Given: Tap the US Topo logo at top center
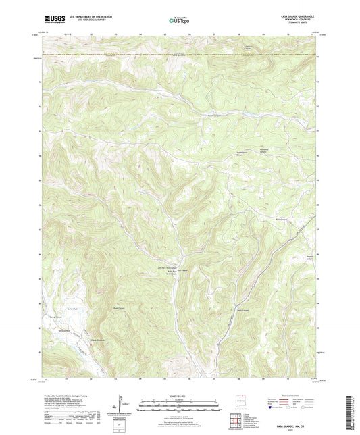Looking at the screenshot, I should click(x=179, y=22).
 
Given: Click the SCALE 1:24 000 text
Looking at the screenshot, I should click(x=180, y=396).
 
